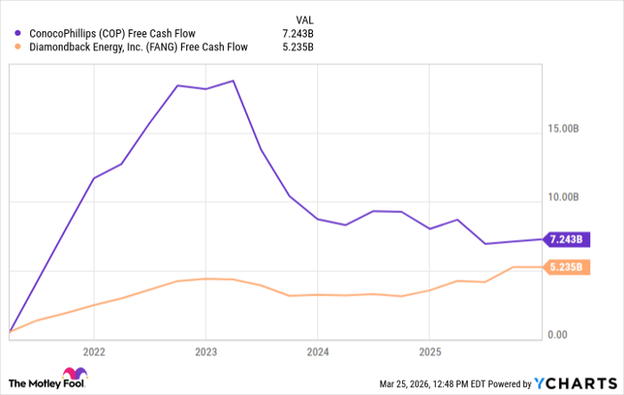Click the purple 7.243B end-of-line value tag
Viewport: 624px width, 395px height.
click(x=566, y=239)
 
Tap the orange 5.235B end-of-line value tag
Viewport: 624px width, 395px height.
click(x=566, y=267)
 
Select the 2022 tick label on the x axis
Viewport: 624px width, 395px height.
click(x=94, y=350)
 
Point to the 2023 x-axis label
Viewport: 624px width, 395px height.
click(x=206, y=350)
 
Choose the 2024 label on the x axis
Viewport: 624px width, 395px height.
click(x=317, y=350)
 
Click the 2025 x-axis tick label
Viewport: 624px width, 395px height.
click(x=430, y=350)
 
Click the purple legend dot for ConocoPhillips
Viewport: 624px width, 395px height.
click(x=18, y=33)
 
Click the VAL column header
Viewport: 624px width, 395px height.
click(x=304, y=18)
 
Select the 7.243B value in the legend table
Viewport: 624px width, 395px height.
click(x=298, y=33)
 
